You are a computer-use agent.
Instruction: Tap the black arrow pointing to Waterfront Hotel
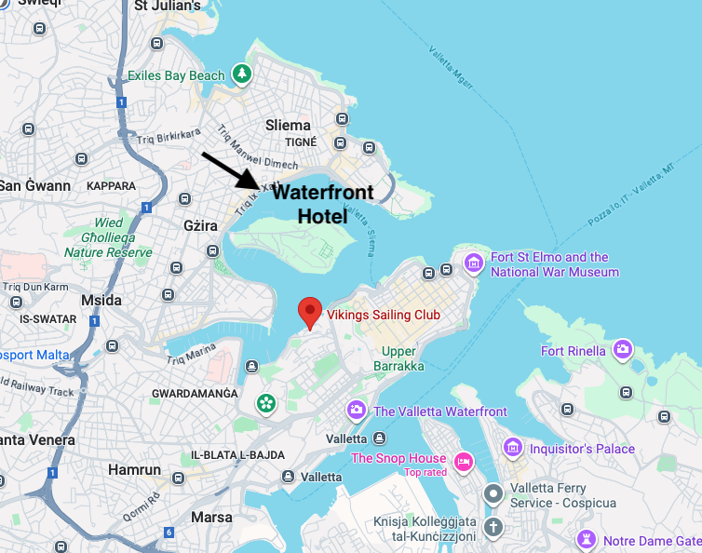click(x=234, y=170)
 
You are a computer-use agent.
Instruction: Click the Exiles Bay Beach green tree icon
click(x=242, y=74)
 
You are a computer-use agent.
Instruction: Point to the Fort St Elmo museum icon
click(x=474, y=264)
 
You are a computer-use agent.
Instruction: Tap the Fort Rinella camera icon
click(x=622, y=351)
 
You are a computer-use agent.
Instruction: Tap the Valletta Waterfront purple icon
click(x=356, y=411)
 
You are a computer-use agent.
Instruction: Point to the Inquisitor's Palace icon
click(x=512, y=449)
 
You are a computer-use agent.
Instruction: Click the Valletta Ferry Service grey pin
click(x=493, y=493)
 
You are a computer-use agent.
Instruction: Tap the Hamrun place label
click(x=134, y=469)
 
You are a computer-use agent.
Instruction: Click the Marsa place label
click(x=211, y=517)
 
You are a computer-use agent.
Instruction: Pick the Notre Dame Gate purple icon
click(x=586, y=540)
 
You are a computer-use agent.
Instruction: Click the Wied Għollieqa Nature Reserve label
click(x=108, y=237)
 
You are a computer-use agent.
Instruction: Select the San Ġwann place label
click(x=34, y=185)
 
